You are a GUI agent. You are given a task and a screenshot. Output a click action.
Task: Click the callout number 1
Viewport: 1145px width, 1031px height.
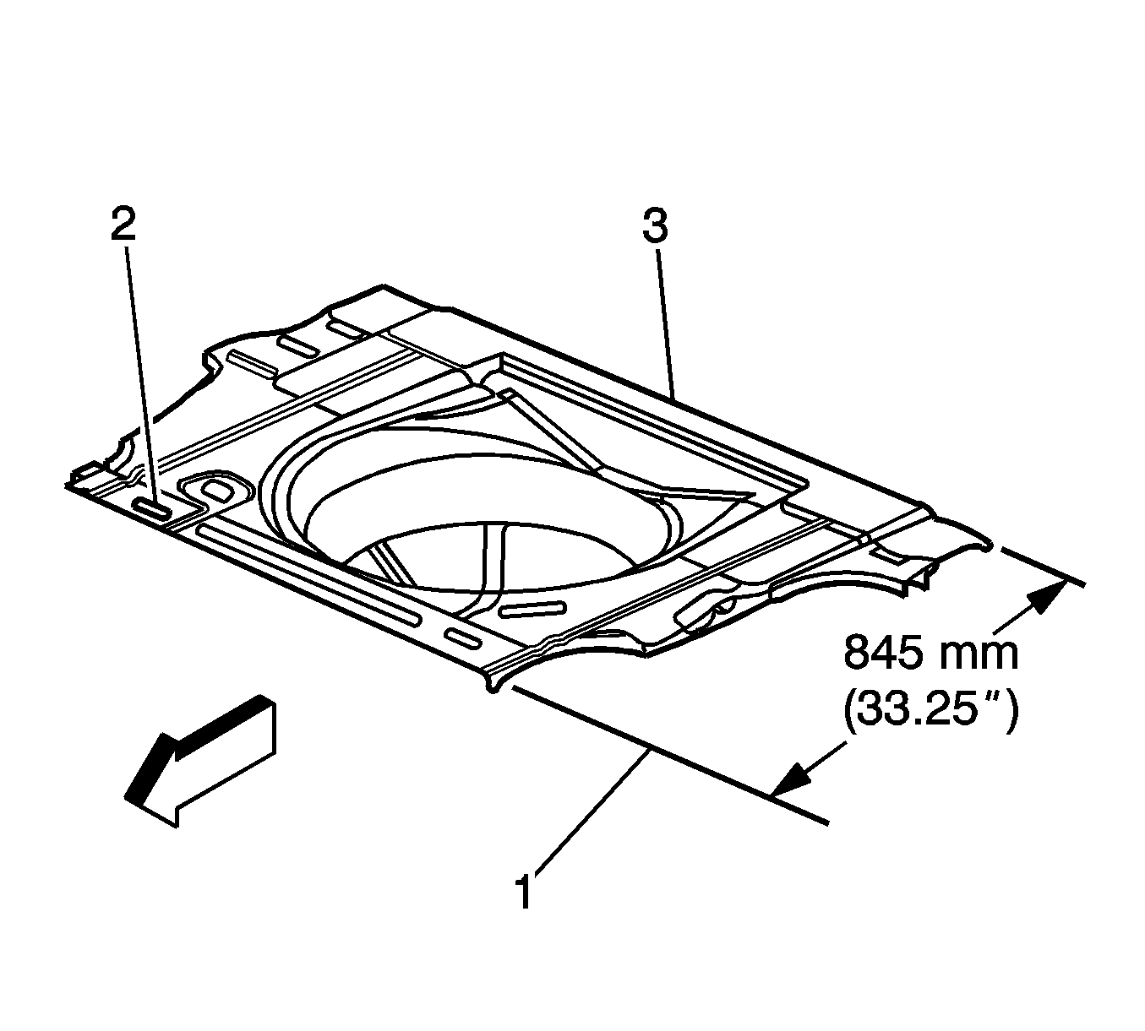[x=524, y=893]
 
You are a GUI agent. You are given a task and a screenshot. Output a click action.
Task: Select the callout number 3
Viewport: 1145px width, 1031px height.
[x=655, y=226]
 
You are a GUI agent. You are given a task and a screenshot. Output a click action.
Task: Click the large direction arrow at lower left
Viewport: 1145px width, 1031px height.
[x=202, y=757]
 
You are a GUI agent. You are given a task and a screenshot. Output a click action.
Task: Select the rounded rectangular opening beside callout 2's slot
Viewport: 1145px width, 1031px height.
[x=218, y=491]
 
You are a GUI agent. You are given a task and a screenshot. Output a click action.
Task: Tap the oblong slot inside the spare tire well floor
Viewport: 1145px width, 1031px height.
[x=532, y=610]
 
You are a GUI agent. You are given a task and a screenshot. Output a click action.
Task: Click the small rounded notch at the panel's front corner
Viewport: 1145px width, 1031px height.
[x=493, y=687]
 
